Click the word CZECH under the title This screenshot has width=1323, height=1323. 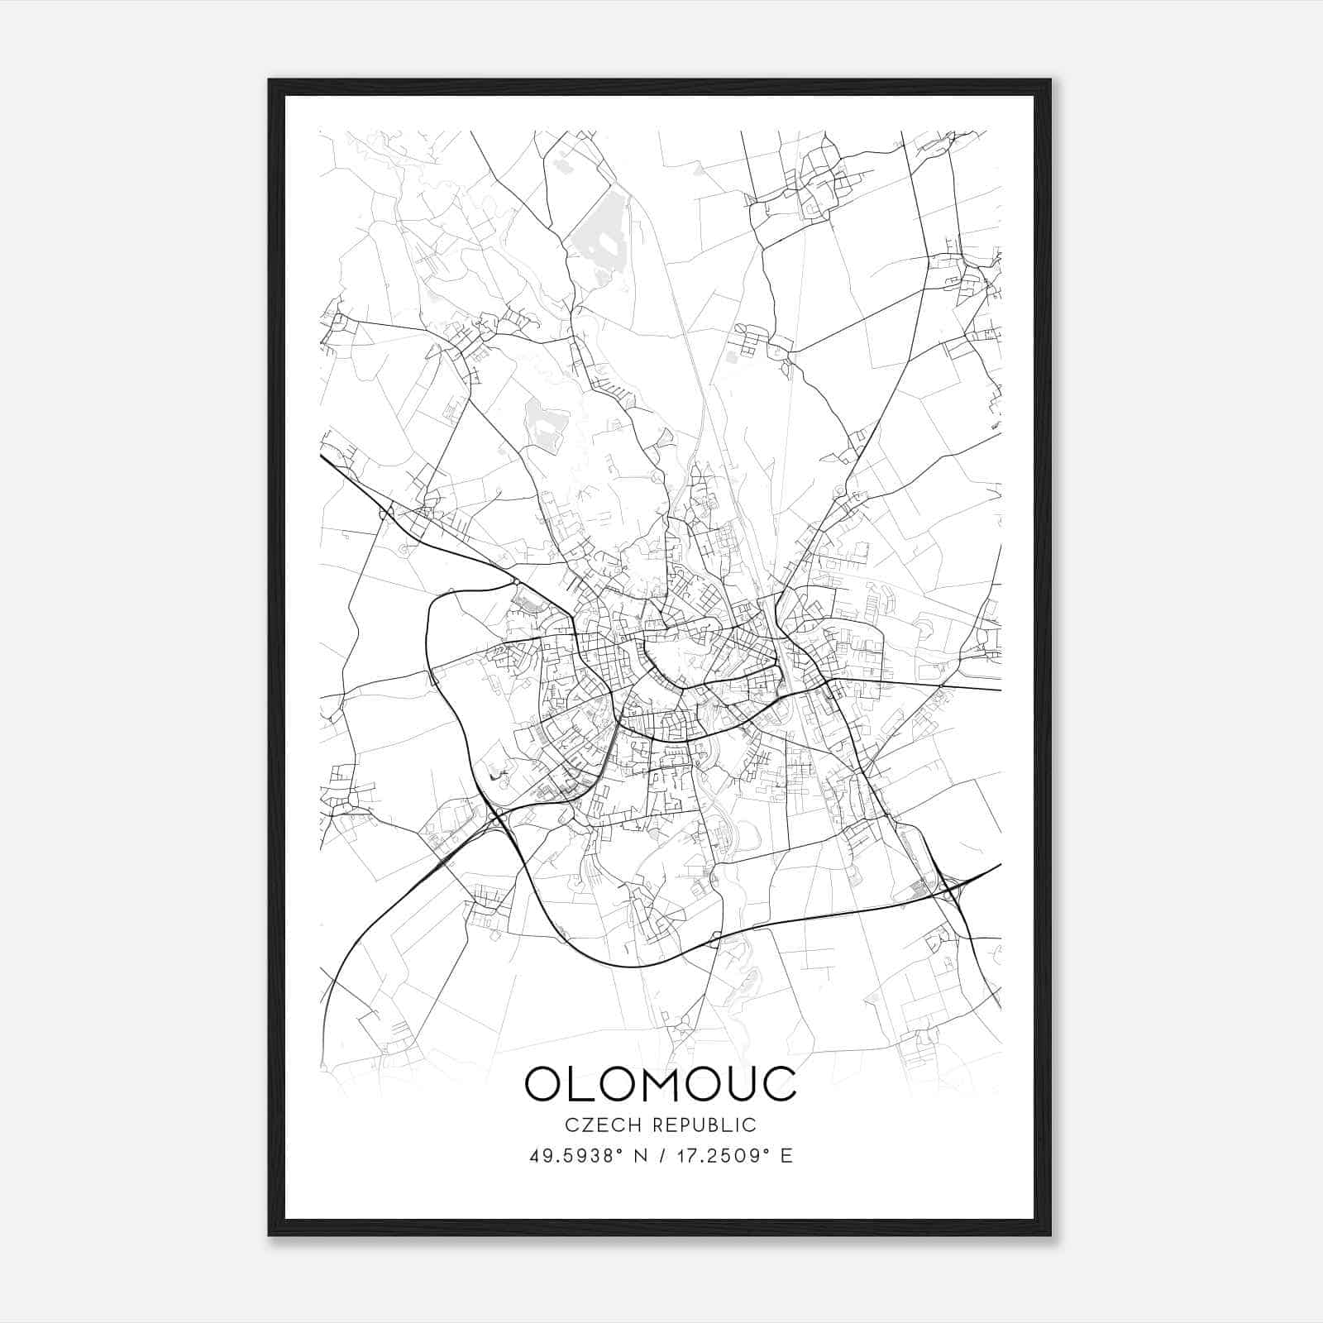pos(593,1125)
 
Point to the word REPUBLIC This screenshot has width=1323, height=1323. pos(704,1125)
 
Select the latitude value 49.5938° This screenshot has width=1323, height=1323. pos(575,1156)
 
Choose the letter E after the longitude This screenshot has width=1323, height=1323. pos(786,1156)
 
